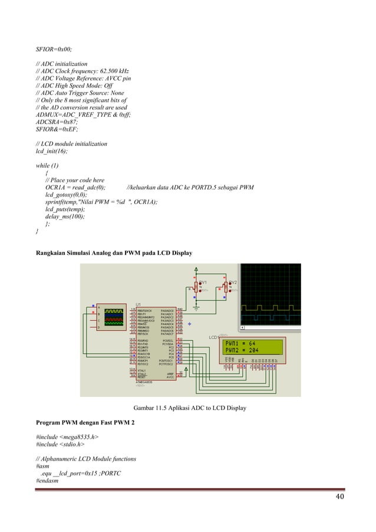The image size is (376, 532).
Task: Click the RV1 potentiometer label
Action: tap(202, 282)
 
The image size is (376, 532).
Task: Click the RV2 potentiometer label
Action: tap(233, 282)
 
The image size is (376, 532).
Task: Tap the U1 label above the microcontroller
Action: tap(138, 304)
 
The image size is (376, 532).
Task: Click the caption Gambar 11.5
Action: tap(190, 408)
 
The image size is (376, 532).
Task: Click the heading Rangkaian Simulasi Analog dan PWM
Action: tap(116, 253)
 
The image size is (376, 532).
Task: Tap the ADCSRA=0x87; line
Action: tap(57, 121)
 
